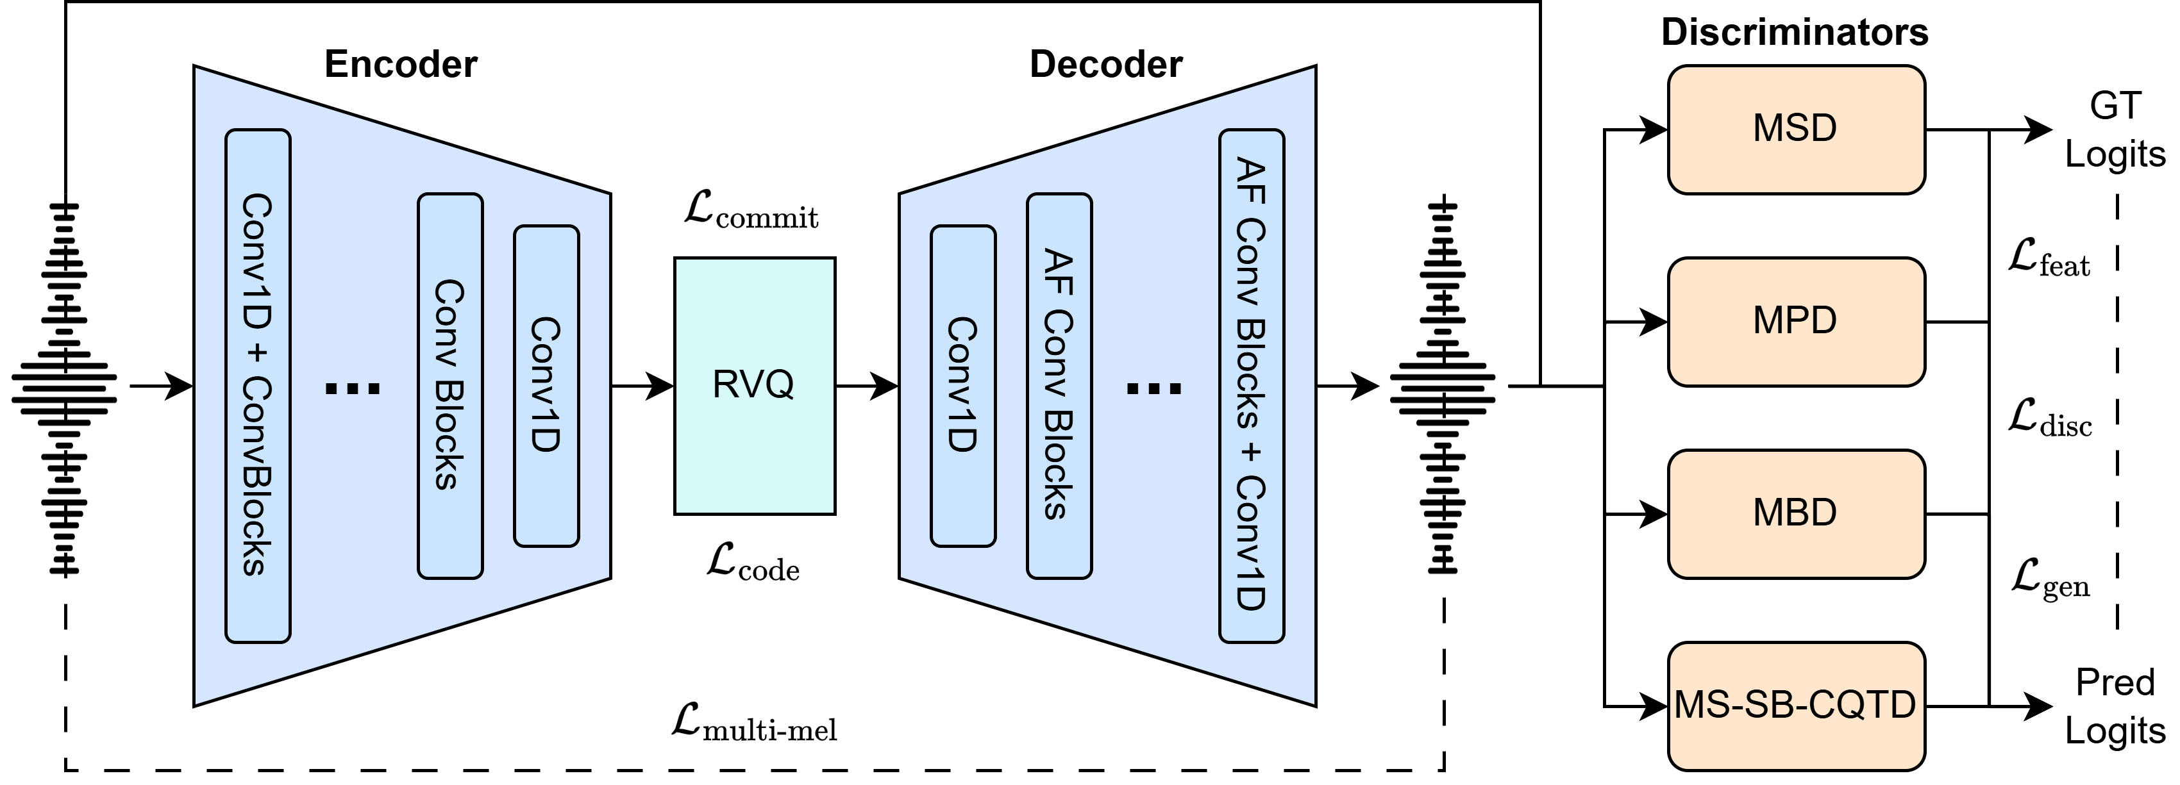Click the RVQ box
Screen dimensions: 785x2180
click(x=754, y=386)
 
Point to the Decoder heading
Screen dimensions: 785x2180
click(x=1105, y=64)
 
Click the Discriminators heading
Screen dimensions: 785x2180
click(x=1794, y=32)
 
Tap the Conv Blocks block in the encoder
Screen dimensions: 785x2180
click(x=450, y=386)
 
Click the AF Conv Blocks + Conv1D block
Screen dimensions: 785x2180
click(x=1251, y=386)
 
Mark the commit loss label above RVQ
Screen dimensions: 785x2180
click(x=751, y=211)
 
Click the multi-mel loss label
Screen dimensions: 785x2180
click(x=754, y=724)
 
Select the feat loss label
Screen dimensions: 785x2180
click(x=2048, y=259)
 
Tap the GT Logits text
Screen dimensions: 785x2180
click(x=2114, y=129)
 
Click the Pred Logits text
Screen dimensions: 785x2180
click(x=2114, y=706)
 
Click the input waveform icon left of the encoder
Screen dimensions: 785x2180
click(x=64, y=389)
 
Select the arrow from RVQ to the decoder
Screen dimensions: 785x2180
click(x=867, y=386)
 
